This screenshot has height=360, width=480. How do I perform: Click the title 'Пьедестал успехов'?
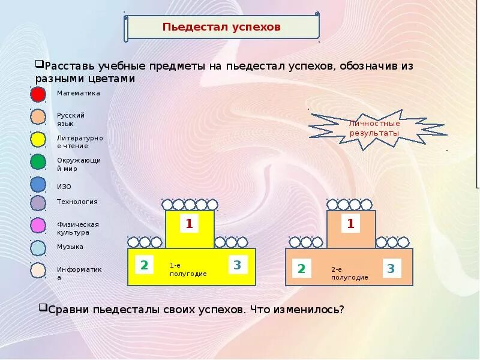click(221, 28)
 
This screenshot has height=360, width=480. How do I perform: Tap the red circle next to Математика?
click(38, 95)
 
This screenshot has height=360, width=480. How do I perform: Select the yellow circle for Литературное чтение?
click(38, 140)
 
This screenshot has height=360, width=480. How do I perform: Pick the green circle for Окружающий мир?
click(38, 162)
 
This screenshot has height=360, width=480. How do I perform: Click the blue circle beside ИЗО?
click(38, 185)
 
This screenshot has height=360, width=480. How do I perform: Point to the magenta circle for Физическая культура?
click(38, 226)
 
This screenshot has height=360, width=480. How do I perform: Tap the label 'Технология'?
click(77, 202)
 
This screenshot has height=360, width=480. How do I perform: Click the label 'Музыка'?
click(70, 247)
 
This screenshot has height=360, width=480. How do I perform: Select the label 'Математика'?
click(78, 93)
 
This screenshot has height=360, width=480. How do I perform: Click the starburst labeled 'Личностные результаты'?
click(374, 128)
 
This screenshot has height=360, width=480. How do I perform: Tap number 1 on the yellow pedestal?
click(189, 224)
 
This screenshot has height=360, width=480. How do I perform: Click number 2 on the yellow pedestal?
click(144, 265)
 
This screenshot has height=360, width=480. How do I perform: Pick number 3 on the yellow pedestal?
click(237, 265)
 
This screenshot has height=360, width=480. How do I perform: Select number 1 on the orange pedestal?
click(351, 224)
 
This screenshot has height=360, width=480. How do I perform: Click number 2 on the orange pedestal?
click(301, 269)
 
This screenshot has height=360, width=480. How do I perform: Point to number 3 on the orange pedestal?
click(391, 268)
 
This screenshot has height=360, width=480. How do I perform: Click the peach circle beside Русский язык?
click(38, 117)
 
